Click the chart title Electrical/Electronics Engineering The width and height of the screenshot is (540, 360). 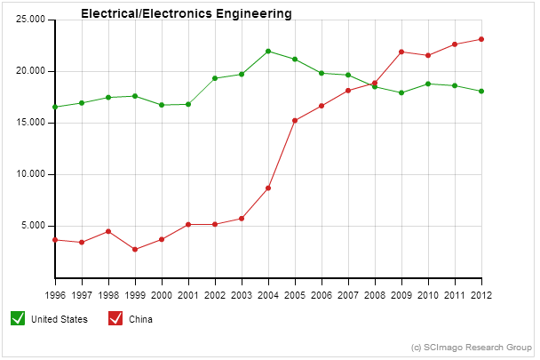tap(186, 14)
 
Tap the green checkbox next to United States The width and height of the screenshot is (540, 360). tap(17, 318)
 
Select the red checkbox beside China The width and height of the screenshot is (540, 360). tap(115, 318)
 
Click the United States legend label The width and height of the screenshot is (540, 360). tap(60, 319)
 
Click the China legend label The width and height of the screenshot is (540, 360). tap(141, 319)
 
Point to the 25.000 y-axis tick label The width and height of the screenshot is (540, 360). tap(30, 20)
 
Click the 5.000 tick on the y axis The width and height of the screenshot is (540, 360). tap(33, 226)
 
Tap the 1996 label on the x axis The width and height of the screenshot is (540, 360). tap(55, 294)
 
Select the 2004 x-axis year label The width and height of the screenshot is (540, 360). tap(268, 294)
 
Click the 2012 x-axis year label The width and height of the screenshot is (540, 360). tap(481, 294)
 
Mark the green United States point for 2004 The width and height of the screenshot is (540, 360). tap(268, 52)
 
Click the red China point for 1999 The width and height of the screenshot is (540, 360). tap(135, 250)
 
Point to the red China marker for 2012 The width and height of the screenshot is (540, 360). tap(481, 39)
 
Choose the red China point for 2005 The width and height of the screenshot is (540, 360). tap(295, 121)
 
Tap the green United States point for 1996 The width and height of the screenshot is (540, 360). tap(55, 107)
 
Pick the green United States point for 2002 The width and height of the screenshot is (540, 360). tap(215, 78)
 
